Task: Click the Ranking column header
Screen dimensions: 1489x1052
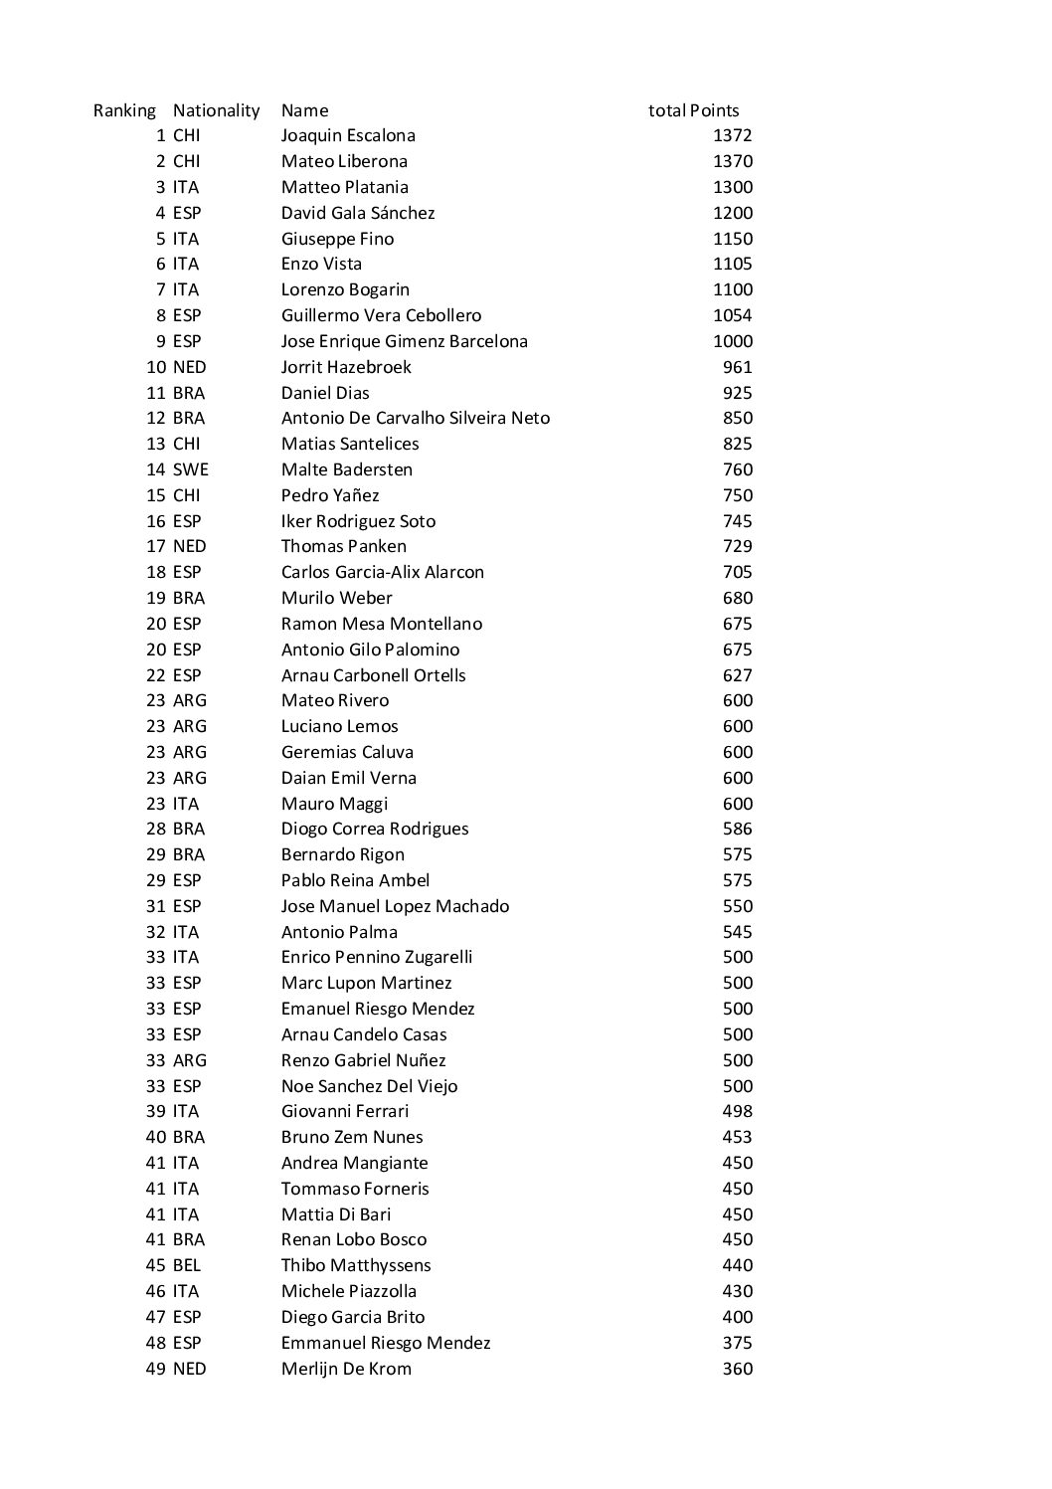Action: click(x=124, y=110)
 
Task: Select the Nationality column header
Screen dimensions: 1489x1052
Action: click(x=216, y=110)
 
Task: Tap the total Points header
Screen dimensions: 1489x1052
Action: click(x=693, y=110)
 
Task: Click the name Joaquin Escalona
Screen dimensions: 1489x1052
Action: click(x=348, y=135)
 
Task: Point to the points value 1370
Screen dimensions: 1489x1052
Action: click(x=733, y=161)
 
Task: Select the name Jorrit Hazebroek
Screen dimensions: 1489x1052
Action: click(x=346, y=367)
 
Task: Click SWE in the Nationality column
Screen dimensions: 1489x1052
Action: click(x=191, y=469)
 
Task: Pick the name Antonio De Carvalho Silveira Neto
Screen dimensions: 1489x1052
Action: click(x=415, y=418)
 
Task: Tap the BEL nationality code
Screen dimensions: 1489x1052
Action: click(x=187, y=1265)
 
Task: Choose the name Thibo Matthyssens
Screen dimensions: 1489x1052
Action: click(x=356, y=1265)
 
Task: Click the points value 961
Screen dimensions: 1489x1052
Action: click(x=738, y=367)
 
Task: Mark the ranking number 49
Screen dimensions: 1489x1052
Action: click(x=156, y=1369)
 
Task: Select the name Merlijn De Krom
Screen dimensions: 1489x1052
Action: click(x=346, y=1369)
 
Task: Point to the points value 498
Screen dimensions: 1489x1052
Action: click(x=738, y=1111)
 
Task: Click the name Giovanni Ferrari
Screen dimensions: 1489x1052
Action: click(x=345, y=1111)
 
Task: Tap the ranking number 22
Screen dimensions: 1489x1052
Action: click(x=156, y=675)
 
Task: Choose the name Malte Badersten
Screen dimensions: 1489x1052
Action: click(x=347, y=469)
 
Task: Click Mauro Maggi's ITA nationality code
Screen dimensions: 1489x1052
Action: click(x=186, y=804)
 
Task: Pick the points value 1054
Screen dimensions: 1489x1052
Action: click(x=733, y=315)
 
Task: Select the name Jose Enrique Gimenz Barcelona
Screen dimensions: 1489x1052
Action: click(x=405, y=341)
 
